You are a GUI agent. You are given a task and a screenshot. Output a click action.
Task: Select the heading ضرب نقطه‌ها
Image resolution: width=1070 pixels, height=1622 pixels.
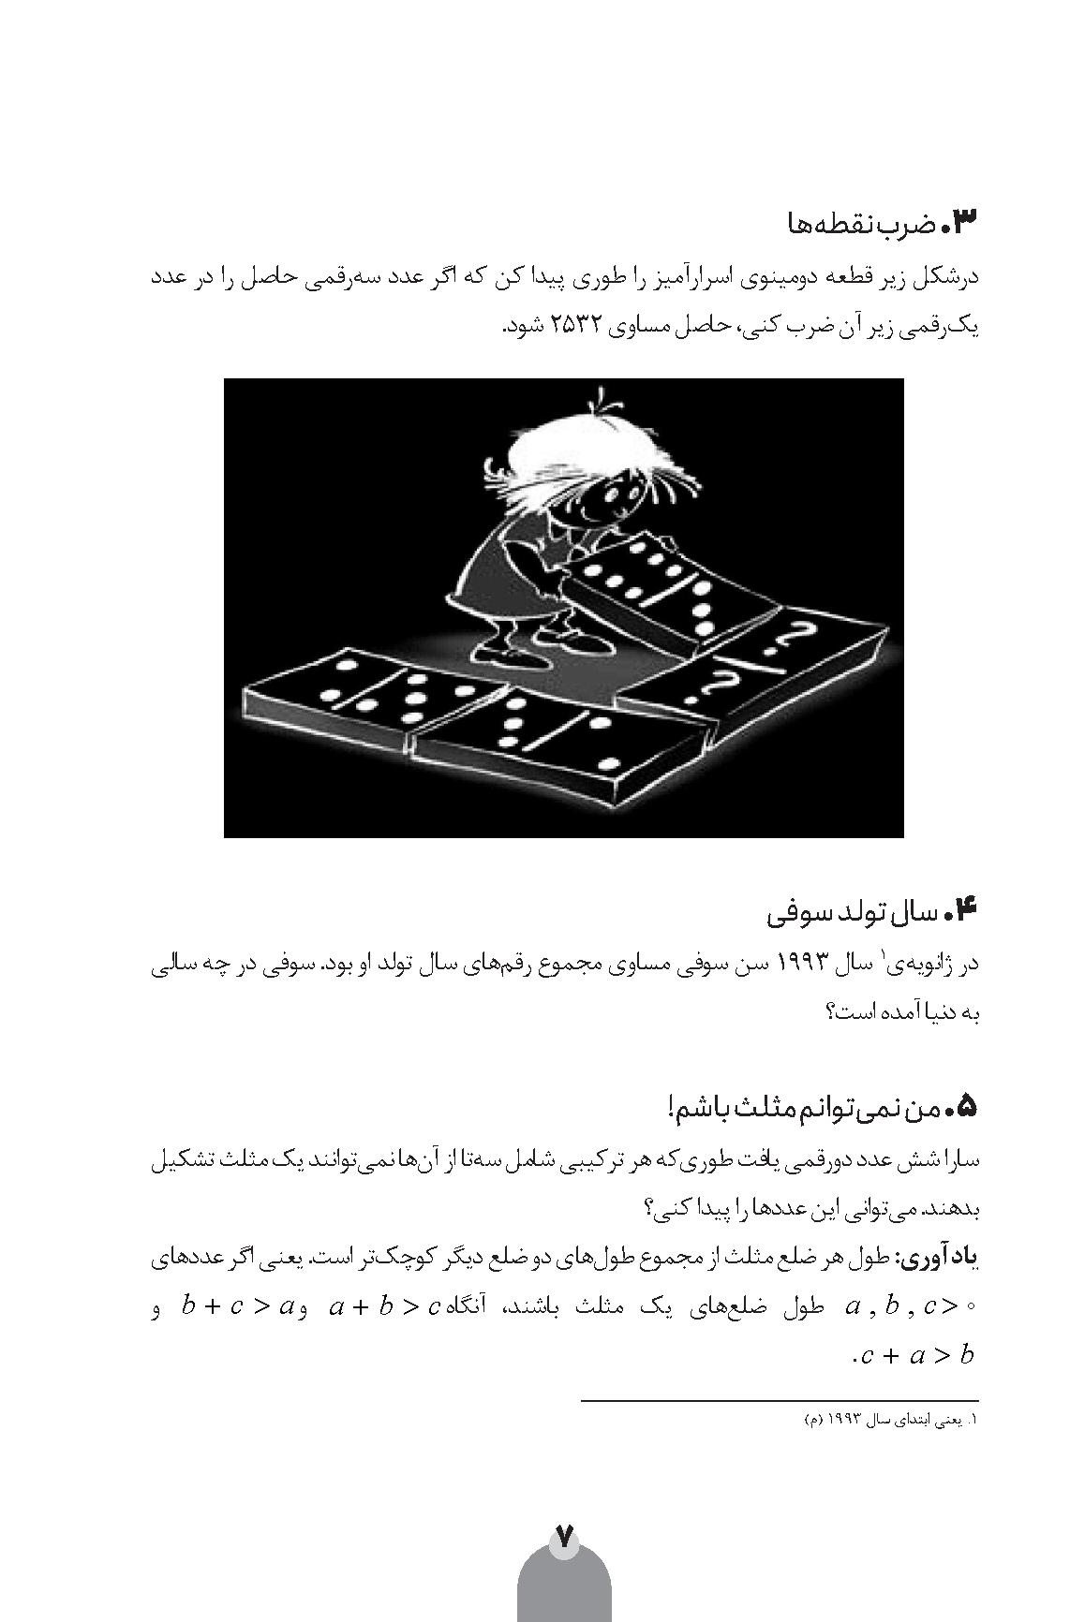pyautogui.click(x=861, y=225)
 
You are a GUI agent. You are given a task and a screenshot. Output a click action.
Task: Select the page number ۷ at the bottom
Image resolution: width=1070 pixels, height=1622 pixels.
pyautogui.click(x=564, y=1537)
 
